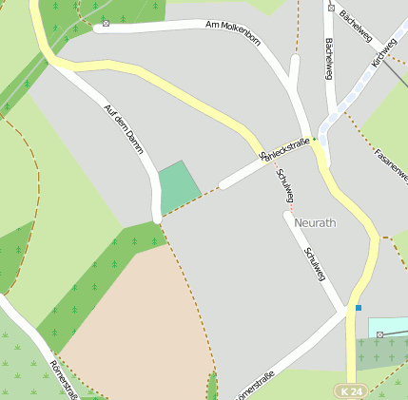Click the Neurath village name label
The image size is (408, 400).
316,222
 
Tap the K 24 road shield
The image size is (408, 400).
350,390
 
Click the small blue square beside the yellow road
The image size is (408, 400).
359,308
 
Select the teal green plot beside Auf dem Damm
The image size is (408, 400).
178,186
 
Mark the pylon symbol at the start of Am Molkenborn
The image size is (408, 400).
106,22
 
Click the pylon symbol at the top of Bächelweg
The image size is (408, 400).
331,8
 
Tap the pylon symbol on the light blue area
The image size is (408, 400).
379,334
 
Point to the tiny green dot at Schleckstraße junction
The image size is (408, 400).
314,139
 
